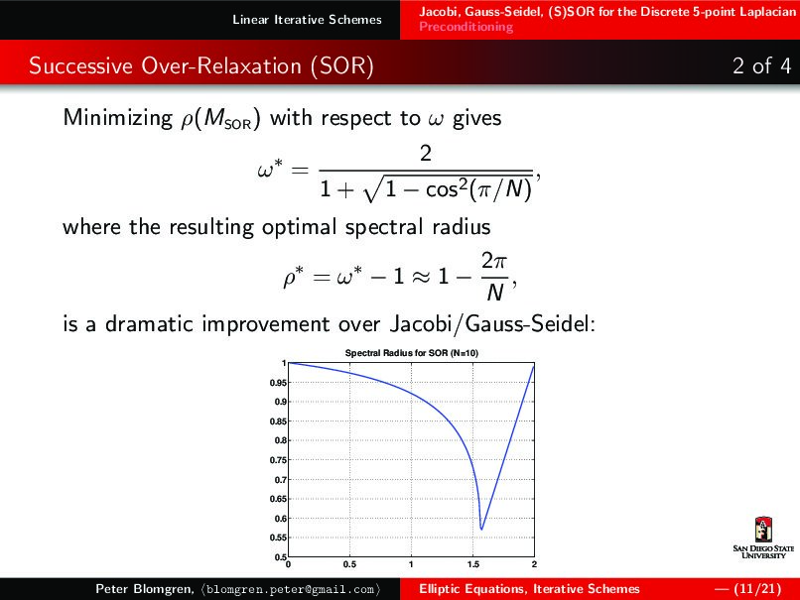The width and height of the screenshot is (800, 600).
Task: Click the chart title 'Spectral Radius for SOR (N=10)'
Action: coord(412,353)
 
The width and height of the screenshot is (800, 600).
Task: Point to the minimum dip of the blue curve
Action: coord(481,529)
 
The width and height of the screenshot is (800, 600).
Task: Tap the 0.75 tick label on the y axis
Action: coord(280,460)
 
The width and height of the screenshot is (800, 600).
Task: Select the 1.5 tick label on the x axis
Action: coord(472,565)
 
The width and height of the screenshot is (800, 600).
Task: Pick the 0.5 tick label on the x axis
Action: coord(349,565)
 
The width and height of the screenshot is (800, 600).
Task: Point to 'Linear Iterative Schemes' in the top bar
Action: coord(307,20)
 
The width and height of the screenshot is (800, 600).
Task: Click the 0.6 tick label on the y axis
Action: coord(282,519)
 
